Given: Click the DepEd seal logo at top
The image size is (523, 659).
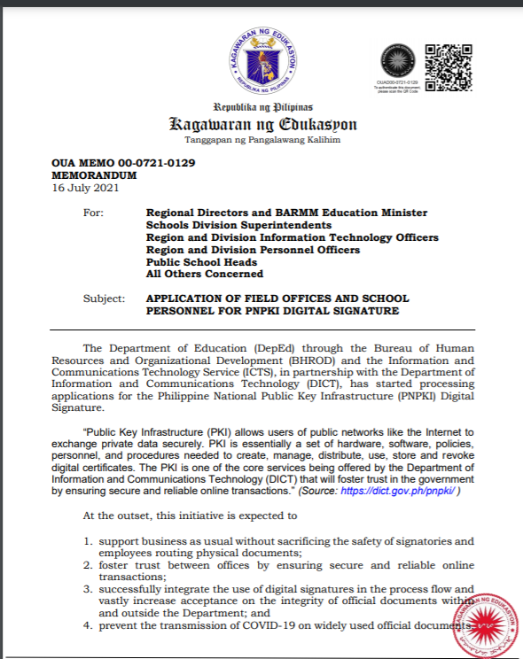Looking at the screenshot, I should tap(261, 60).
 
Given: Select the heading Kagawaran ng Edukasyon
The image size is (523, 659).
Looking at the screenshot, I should tap(262, 123).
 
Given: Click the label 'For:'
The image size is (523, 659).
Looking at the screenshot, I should tap(93, 213).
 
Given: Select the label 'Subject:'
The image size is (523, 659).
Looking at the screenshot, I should tap(104, 298).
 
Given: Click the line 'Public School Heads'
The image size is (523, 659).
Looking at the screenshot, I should tap(201, 262).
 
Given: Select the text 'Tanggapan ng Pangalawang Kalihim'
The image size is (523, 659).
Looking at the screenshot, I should tap(262, 140).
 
